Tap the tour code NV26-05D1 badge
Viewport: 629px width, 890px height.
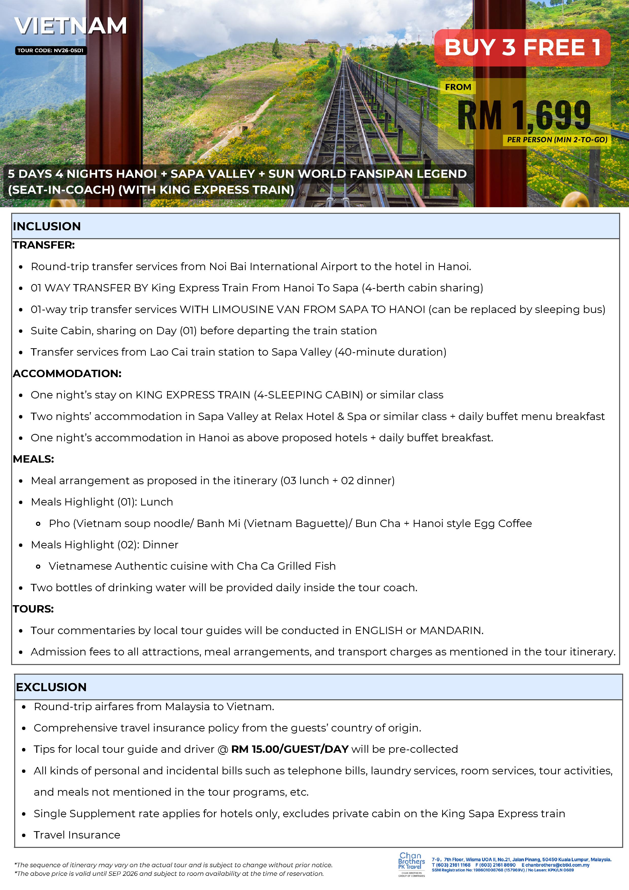click(50, 50)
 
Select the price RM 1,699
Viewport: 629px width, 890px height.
click(524, 115)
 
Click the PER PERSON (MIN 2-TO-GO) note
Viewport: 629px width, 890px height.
click(557, 140)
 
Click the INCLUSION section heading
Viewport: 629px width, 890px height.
click(47, 226)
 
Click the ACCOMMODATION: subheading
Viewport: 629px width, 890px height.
click(67, 373)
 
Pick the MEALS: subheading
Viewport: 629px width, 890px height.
click(33, 459)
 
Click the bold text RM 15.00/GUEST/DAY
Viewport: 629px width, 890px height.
click(290, 749)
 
